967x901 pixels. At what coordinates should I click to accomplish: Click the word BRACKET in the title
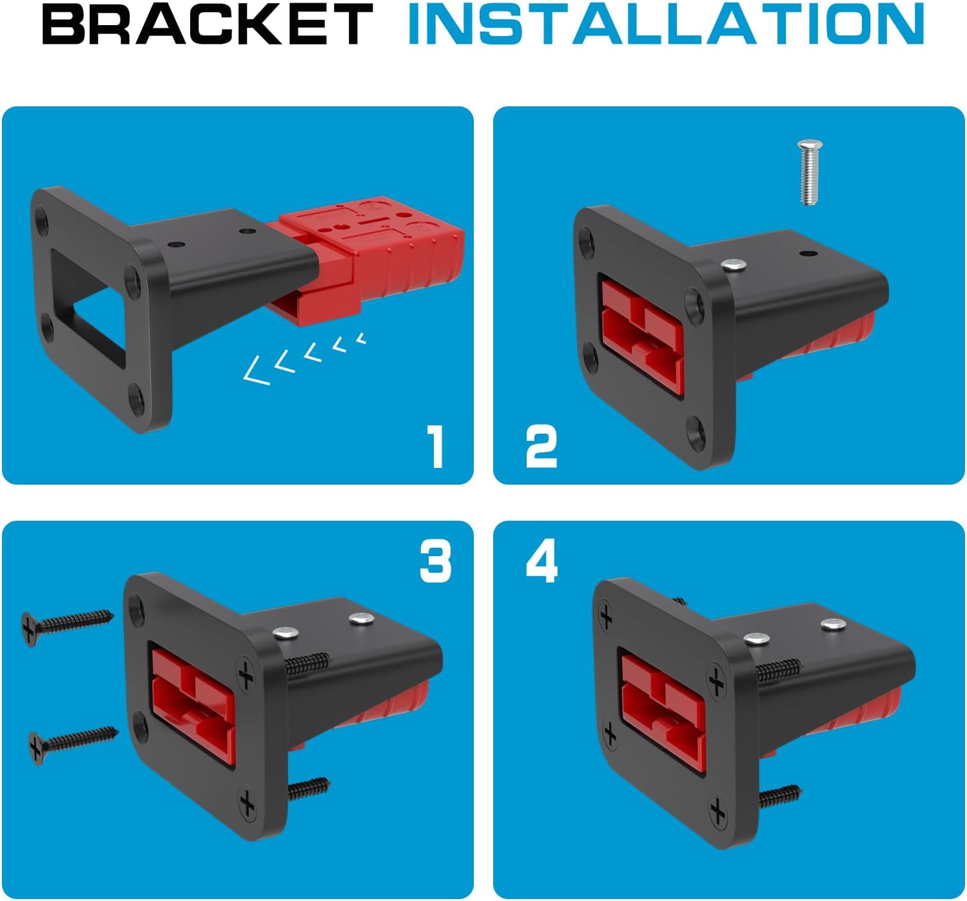click(208, 24)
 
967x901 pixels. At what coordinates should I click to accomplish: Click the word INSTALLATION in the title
click(665, 24)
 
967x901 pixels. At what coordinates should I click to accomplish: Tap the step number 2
click(542, 446)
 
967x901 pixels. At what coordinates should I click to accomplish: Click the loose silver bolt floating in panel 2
click(809, 172)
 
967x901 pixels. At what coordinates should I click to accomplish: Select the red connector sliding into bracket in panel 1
click(365, 260)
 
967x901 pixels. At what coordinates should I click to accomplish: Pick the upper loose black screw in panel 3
click(66, 626)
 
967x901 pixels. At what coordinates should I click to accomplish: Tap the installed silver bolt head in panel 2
click(734, 266)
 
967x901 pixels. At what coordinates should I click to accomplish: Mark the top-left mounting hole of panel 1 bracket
click(42, 219)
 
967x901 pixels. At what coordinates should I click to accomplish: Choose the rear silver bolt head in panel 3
click(361, 619)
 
